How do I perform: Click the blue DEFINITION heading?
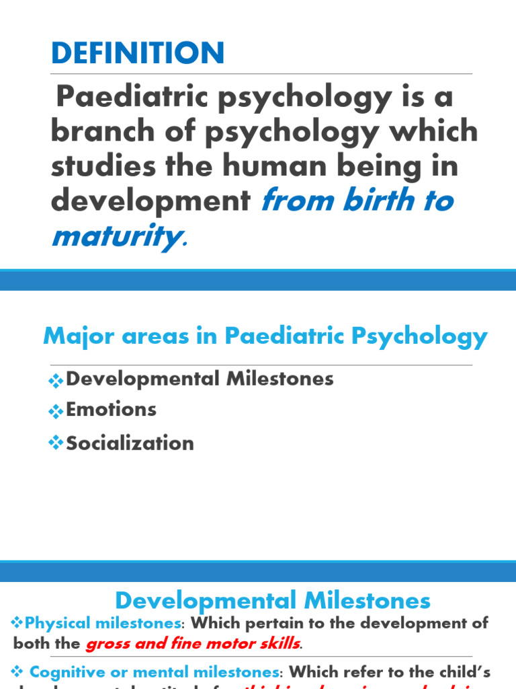(x=138, y=53)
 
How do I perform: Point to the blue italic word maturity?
(x=115, y=235)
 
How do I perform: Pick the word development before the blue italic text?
(x=150, y=201)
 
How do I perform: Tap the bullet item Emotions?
(x=111, y=410)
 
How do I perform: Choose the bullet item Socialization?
(x=130, y=443)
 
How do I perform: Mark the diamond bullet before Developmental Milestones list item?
(x=56, y=380)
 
